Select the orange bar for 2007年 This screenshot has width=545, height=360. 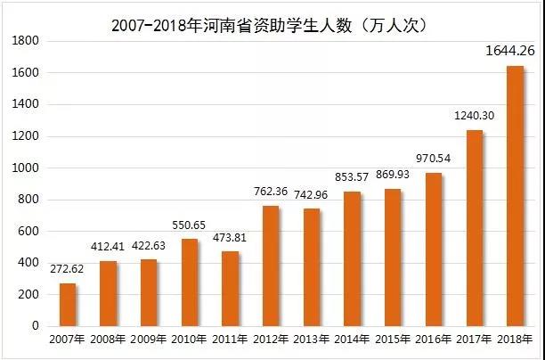68,305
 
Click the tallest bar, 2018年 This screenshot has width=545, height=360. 515,196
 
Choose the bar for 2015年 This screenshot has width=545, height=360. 393,258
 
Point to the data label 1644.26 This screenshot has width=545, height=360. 508,50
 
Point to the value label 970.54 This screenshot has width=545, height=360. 434,158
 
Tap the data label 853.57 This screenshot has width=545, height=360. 352,176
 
